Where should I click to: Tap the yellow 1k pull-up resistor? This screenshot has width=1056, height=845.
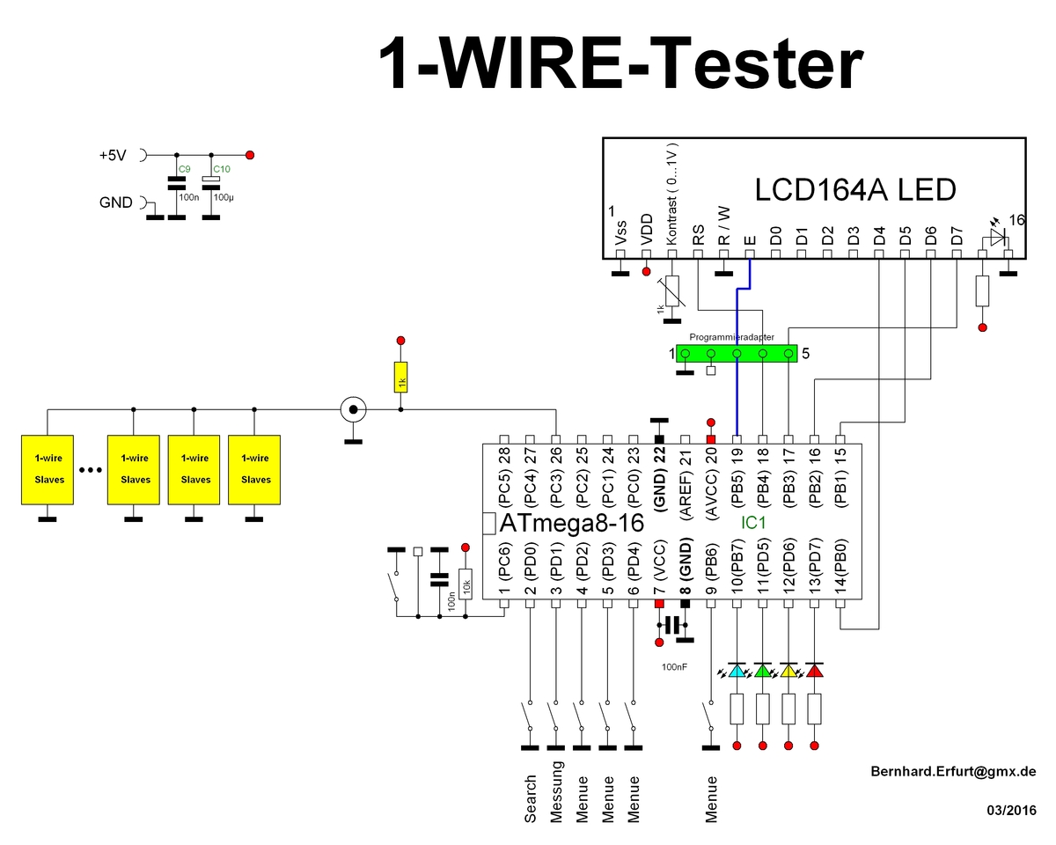tap(401, 377)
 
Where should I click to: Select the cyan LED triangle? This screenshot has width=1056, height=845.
tap(737, 670)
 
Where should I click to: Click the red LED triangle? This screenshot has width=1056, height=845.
tap(815, 670)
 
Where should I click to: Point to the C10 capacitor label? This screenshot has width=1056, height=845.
tap(222, 169)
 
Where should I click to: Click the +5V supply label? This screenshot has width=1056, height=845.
tap(113, 155)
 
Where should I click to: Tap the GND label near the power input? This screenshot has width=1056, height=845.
tap(116, 202)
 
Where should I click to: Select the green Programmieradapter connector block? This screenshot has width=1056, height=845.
tap(737, 354)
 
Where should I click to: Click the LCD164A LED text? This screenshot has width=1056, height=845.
tap(855, 190)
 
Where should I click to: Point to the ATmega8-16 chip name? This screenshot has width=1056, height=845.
tap(572, 523)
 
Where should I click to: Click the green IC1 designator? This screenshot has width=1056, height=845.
tap(753, 523)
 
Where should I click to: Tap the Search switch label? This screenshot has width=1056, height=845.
tap(530, 799)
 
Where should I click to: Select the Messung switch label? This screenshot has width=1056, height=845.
tap(556, 792)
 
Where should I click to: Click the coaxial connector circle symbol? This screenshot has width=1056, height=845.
tap(353, 409)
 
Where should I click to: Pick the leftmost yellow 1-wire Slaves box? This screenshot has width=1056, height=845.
tap(48, 470)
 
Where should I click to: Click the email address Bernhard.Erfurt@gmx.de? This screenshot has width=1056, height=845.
tap(953, 771)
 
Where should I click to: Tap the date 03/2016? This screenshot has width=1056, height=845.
tap(1012, 811)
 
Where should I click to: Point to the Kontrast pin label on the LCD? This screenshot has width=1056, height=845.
tap(671, 195)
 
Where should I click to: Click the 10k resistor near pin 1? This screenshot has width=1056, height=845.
tap(466, 584)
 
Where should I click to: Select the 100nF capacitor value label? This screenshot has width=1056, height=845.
tap(674, 667)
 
